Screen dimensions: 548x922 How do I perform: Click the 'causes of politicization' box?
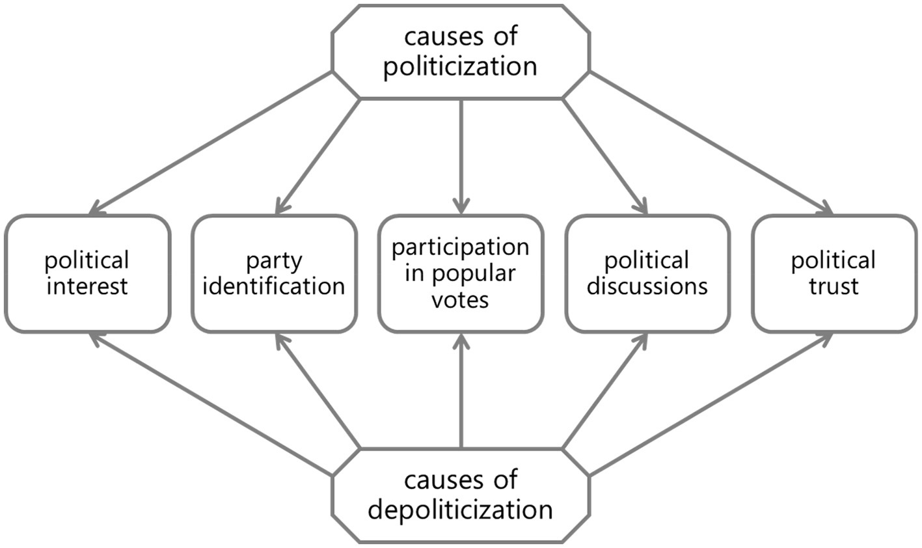pos(460,52)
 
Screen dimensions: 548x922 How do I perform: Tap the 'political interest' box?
pos(87,273)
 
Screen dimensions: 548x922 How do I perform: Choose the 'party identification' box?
pos(274,273)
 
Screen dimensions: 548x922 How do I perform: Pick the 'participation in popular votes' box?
pos(460,273)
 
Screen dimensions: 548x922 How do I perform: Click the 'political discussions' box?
pos(647,273)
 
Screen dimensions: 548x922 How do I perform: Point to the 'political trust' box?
pos(834,273)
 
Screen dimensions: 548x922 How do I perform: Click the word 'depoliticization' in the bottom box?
pos(460,509)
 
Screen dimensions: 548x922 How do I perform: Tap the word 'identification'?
pos(274,286)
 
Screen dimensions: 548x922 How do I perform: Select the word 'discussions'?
pos(647,286)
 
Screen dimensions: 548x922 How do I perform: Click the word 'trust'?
pos(834,286)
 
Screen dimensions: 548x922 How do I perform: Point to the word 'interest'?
pos(87,286)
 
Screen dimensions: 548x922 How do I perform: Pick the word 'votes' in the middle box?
pos(460,300)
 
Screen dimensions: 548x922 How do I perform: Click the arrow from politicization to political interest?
pos(211,143)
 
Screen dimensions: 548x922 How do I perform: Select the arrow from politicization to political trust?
pos(711,143)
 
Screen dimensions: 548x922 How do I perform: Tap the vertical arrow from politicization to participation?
pos(461,156)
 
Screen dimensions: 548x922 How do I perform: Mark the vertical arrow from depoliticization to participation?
pos(461,390)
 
